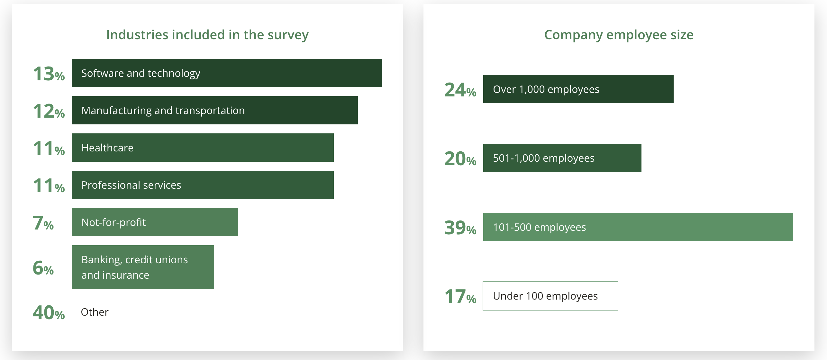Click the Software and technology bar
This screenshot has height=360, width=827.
(x=226, y=73)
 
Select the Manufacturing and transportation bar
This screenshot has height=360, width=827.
(x=214, y=110)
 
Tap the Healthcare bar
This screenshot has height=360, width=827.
(x=203, y=148)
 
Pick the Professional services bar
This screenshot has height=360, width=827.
(x=203, y=185)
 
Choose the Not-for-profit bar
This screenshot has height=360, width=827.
(x=155, y=222)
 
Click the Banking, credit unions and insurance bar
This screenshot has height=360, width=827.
(x=143, y=267)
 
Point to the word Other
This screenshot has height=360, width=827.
(x=95, y=312)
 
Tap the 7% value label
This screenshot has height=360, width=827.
(x=43, y=223)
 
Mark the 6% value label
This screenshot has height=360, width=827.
(x=43, y=268)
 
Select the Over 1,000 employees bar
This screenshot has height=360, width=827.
(x=578, y=89)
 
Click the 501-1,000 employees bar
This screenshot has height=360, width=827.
(x=562, y=158)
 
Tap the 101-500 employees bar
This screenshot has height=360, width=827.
(x=638, y=227)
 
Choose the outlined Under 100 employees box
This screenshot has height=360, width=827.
(x=550, y=296)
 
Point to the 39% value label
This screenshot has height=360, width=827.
(x=460, y=228)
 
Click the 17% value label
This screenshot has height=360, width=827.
(x=460, y=297)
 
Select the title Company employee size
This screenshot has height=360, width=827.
(x=619, y=35)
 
